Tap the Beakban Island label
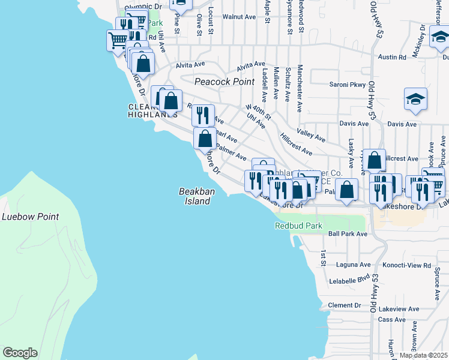point(195,196)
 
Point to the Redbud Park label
point(298,226)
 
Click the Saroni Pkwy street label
point(348,85)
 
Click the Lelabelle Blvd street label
point(350,280)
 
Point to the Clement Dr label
point(345,305)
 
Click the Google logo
point(20,352)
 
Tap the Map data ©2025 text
point(423,355)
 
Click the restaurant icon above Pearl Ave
point(203,114)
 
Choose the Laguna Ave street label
point(354,265)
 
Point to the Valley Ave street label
point(311,134)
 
